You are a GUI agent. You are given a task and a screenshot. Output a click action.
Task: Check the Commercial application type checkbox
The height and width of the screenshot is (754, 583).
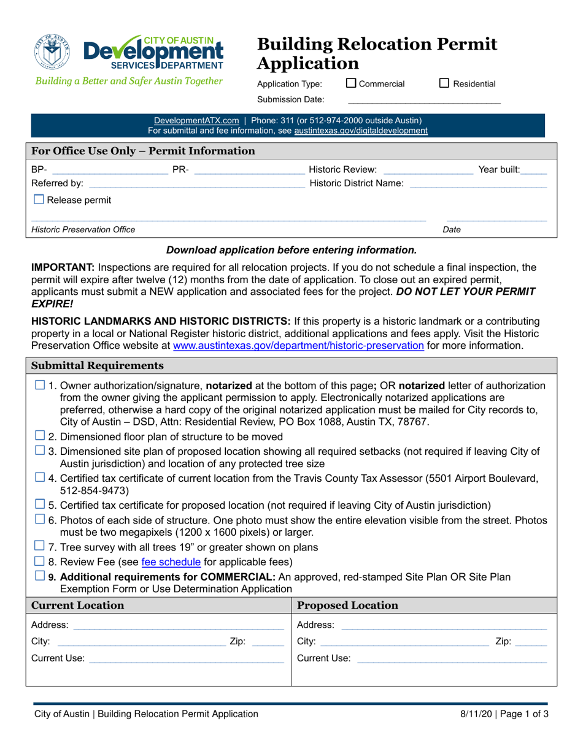(351, 83)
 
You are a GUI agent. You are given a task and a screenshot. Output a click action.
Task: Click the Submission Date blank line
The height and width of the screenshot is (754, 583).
(424, 99)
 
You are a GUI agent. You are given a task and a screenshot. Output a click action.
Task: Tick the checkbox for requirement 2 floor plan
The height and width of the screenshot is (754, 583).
(39, 436)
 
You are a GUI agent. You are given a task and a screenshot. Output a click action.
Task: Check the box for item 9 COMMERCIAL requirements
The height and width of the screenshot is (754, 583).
(39, 576)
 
